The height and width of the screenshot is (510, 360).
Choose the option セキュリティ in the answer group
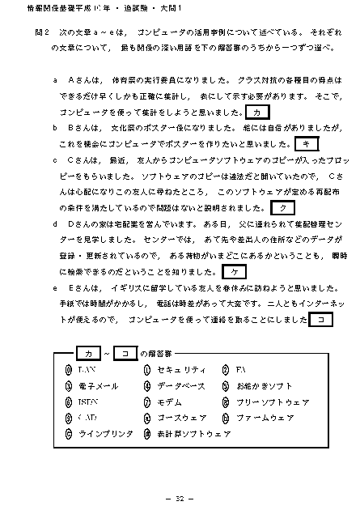tap(180, 370)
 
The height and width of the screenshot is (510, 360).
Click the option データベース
tap(181, 386)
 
